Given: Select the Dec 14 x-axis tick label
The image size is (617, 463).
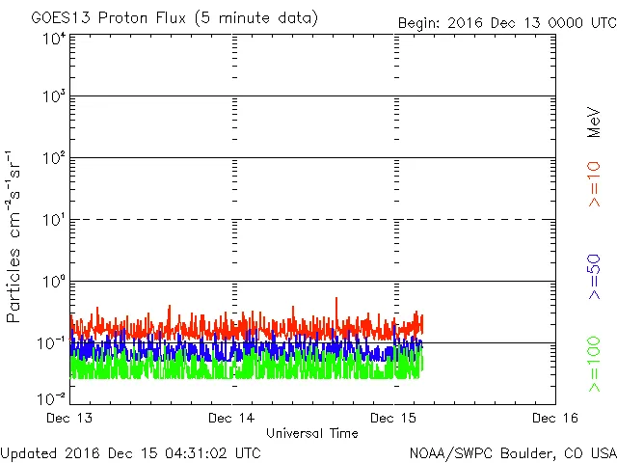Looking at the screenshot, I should pyautogui.click(x=232, y=418).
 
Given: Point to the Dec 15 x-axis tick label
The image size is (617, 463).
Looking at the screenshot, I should pyautogui.click(x=394, y=418).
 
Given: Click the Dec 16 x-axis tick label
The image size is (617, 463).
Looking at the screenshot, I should pyautogui.click(x=556, y=418).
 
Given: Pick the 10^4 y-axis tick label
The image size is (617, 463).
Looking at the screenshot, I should pyautogui.click(x=54, y=39).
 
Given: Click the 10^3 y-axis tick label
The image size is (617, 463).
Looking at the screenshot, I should pyautogui.click(x=54, y=96).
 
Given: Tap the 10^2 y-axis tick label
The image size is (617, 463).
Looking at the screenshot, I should pyautogui.click(x=54, y=158).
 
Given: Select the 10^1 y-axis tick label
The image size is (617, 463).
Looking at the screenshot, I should pyautogui.click(x=54, y=220).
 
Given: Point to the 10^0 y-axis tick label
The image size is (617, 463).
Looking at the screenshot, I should pyautogui.click(x=54, y=282).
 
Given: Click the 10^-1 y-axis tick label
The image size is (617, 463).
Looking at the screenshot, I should pyautogui.click(x=52, y=343).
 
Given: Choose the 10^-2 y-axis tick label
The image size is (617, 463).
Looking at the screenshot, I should pyautogui.click(x=52, y=398).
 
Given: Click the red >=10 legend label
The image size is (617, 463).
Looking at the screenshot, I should pyautogui.click(x=595, y=183).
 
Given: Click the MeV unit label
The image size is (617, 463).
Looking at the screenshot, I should pyautogui.click(x=595, y=120).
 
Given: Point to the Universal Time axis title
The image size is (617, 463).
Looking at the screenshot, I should pyautogui.click(x=311, y=433).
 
